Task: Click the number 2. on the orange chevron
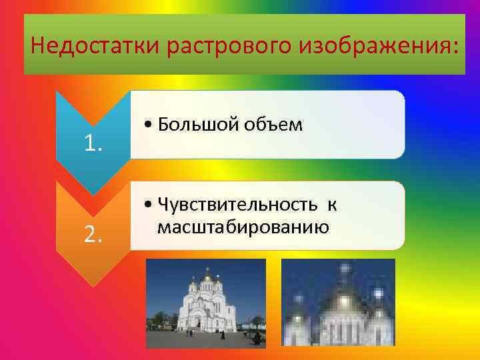tap(93, 233)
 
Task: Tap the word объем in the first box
tap(274, 125)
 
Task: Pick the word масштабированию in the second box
tap(243, 227)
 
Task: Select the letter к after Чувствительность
tap(332, 205)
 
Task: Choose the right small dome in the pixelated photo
tap(379, 294)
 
